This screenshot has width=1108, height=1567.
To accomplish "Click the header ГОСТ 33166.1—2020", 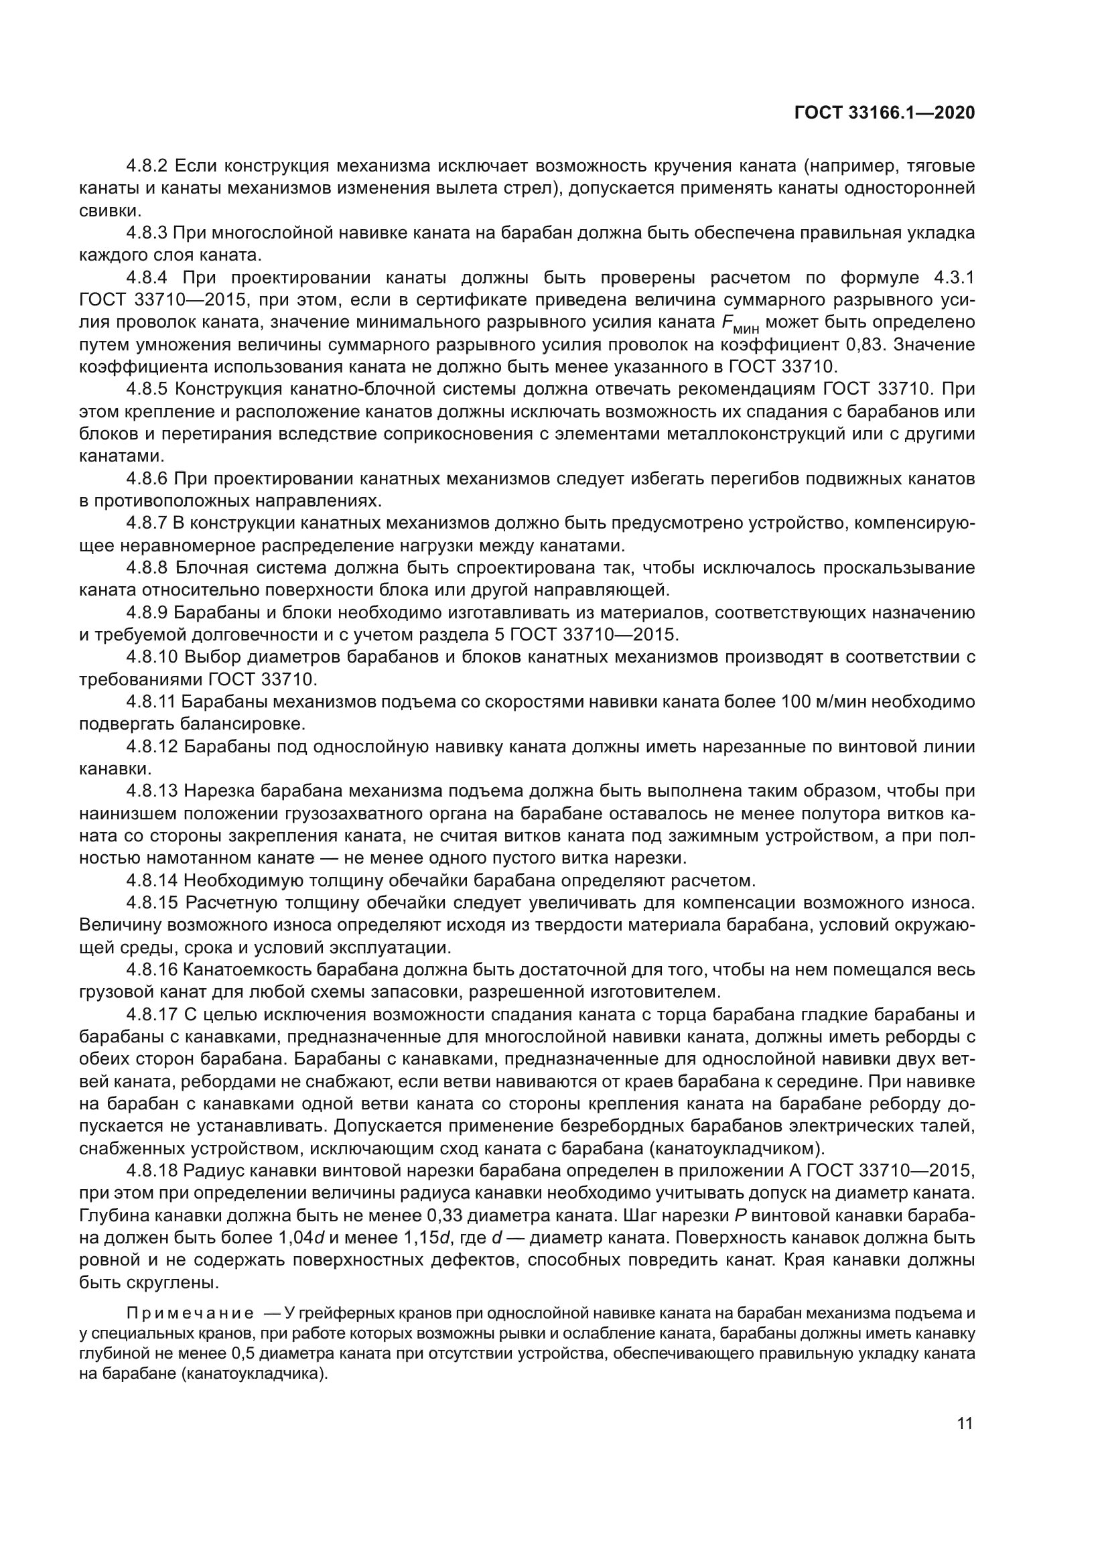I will tap(884, 113).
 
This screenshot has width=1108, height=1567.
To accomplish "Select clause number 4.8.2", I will tap(147, 166).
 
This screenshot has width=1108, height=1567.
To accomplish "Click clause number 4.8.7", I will tap(147, 523).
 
